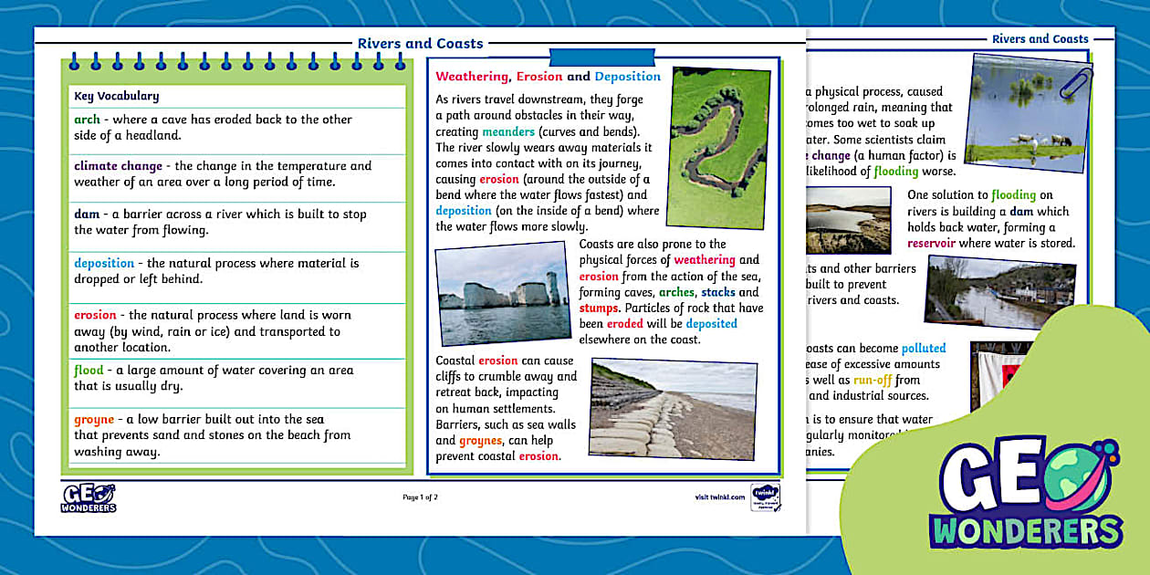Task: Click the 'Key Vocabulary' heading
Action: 117,96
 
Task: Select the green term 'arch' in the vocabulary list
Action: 88,120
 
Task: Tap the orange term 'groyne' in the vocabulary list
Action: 94,420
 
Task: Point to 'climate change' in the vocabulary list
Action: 118,166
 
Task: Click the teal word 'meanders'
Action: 508,132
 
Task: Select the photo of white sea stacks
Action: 503,293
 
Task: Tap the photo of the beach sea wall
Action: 673,409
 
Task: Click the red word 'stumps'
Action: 598,308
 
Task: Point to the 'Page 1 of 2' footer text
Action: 420,497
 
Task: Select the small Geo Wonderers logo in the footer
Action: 89,497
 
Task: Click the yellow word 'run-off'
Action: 873,381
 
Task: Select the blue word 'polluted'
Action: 923,349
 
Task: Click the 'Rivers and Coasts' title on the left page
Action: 420,44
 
